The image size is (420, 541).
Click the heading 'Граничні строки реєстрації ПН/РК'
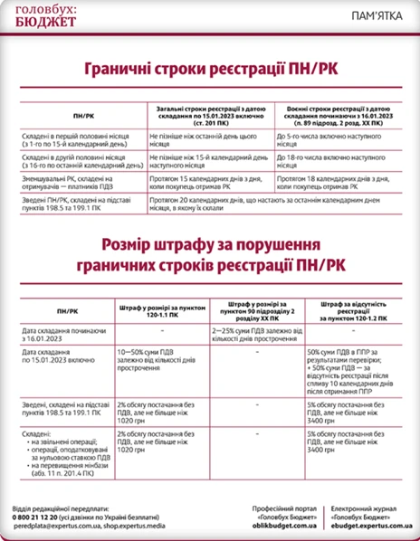[210, 69]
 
